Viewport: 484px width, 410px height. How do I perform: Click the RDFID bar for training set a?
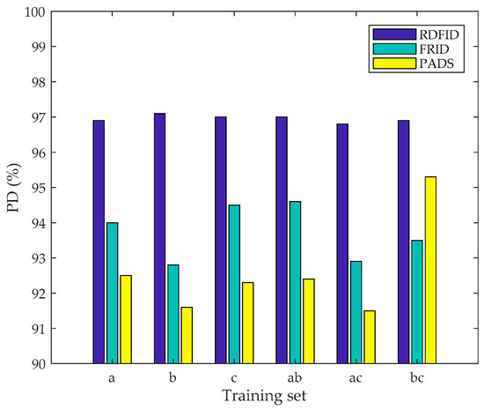point(99,242)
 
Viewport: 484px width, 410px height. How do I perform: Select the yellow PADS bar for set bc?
point(430,270)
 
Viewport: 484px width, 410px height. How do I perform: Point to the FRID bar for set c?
point(234,284)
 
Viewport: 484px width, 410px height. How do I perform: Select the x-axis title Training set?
point(264,396)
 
